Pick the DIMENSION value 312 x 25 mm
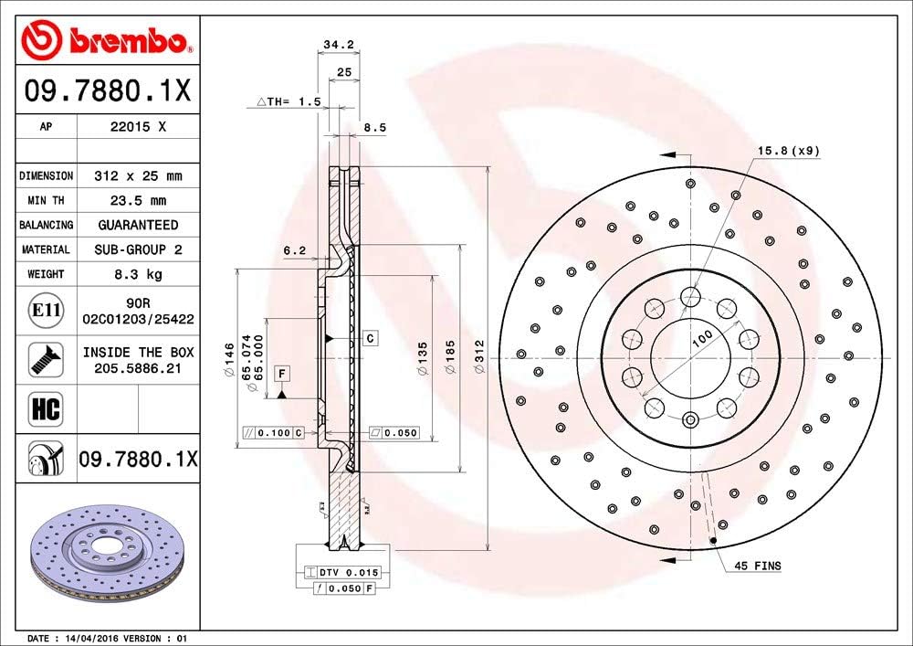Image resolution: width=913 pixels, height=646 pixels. [138, 175]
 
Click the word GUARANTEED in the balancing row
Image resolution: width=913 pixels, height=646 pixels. [138, 225]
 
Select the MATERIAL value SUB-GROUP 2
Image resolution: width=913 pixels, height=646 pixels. [138, 249]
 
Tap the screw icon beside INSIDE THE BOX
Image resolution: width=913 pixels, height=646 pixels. [46, 359]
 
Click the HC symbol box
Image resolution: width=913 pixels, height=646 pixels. [46, 408]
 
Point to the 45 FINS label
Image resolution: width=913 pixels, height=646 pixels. [757, 567]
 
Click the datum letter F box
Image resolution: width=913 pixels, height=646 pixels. [282, 373]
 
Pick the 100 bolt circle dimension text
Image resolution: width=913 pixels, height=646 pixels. [701, 338]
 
